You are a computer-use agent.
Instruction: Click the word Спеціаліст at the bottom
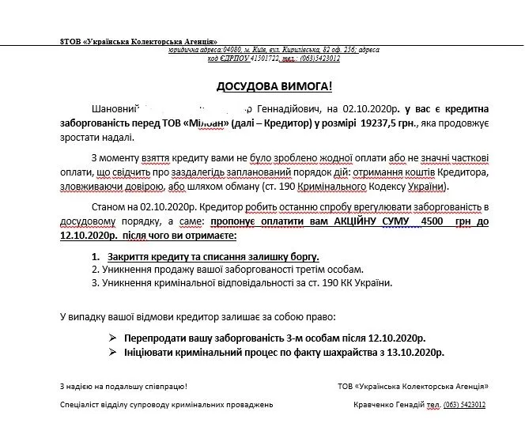pos(82,404)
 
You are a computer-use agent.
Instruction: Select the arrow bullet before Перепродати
pos(111,338)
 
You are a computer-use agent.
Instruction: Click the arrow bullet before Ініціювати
pos(111,352)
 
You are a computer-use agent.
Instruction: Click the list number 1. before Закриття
pos(96,257)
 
